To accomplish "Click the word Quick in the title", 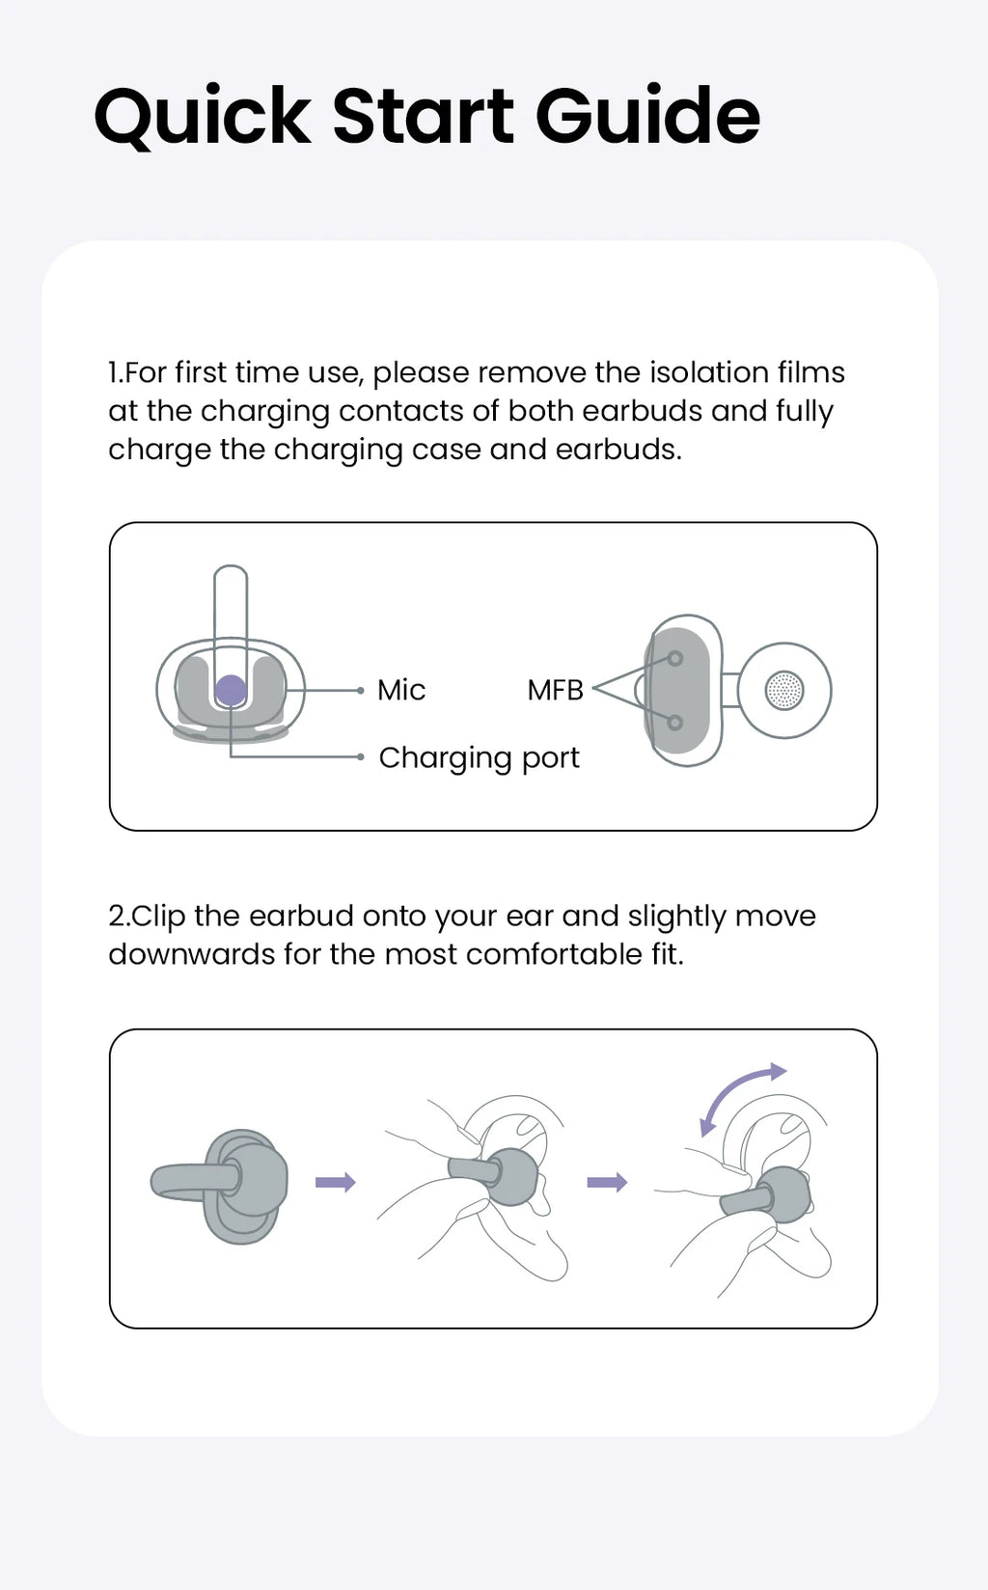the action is [203, 117].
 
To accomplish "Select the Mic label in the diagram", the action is [401, 690].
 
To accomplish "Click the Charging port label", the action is [480, 758].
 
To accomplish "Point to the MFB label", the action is [555, 690].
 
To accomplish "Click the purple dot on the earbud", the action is [231, 690].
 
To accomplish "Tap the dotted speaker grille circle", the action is [784, 690].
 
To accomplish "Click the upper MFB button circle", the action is [675, 658].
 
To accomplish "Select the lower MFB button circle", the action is [675, 723].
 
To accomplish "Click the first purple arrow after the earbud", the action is [335, 1182].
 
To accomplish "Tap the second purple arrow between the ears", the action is [607, 1182].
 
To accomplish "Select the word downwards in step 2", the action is [191, 955].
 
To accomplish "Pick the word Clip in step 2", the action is [158, 917].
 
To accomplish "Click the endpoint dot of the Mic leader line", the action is [361, 690].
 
